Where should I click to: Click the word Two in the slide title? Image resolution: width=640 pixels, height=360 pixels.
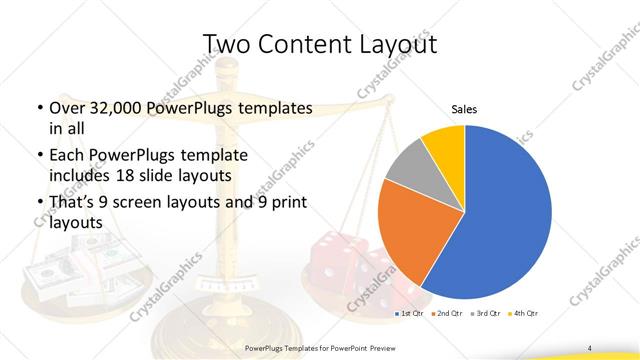click(x=226, y=44)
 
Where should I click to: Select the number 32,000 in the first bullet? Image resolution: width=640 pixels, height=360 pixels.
click(x=109, y=107)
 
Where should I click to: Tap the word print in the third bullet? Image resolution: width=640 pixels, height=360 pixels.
click(x=286, y=204)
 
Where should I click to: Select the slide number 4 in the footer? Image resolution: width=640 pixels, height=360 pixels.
click(x=589, y=347)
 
